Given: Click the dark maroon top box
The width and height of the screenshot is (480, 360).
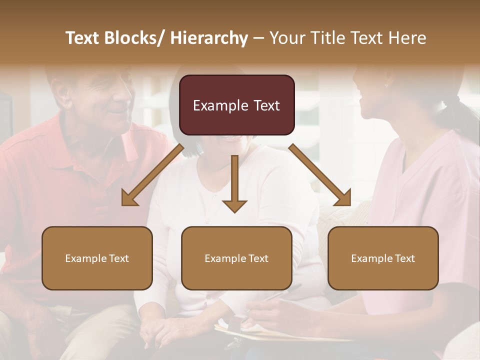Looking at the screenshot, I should pos(236,105).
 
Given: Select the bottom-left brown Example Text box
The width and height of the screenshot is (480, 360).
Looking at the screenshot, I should pos(97,258).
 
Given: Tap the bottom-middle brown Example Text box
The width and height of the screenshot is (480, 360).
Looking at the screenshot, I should pos(236,258).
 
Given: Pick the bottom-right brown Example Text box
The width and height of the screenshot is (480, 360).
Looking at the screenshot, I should pos(383,258).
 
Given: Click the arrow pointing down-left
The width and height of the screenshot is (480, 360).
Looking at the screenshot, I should pos(152,174).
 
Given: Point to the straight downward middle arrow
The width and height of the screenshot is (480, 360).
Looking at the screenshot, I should pos(234,183).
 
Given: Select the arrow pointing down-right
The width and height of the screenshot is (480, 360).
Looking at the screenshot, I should pos(320,174).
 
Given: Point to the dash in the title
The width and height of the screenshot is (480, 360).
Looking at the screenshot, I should pos(258,38).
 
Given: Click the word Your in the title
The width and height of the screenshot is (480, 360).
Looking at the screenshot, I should pos(289,38).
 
